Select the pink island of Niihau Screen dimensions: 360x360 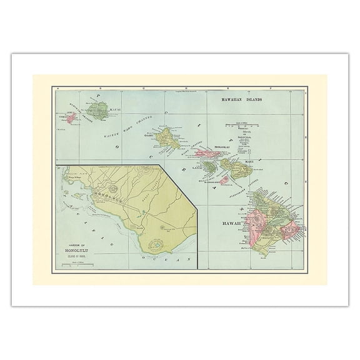72,116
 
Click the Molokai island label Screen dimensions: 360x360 223,146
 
